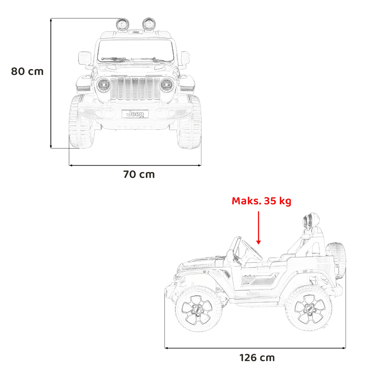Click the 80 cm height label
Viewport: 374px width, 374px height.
27,71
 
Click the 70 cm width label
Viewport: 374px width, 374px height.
139,174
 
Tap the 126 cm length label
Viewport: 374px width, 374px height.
257,358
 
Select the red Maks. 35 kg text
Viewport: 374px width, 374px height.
261,201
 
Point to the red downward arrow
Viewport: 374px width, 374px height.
258,228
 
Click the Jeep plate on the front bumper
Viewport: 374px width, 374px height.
135,114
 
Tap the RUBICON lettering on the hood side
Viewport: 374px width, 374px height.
198,266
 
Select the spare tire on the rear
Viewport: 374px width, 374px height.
336,260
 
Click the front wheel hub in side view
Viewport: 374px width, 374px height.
197,310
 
